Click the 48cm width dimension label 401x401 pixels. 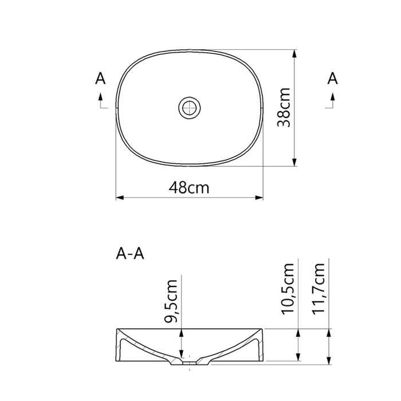tap(189, 187)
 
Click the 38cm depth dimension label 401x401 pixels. tap(284, 108)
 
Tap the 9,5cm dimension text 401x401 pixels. tap(171, 301)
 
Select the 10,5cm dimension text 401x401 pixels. tap(288, 289)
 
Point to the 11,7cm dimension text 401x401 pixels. tap(318, 288)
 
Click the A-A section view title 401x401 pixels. tap(130, 254)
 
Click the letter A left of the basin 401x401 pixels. tap(100, 78)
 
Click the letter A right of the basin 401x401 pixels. tap(332, 78)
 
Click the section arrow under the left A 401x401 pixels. tap(100, 101)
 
